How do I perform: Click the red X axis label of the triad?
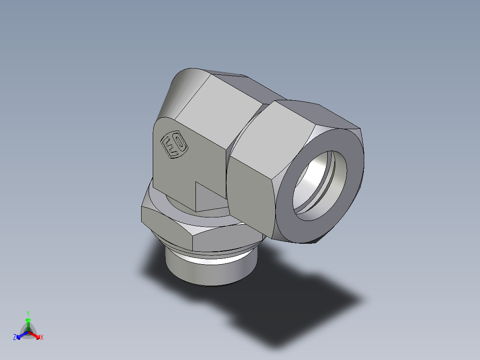[41, 338]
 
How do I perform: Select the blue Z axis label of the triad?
[15, 338]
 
